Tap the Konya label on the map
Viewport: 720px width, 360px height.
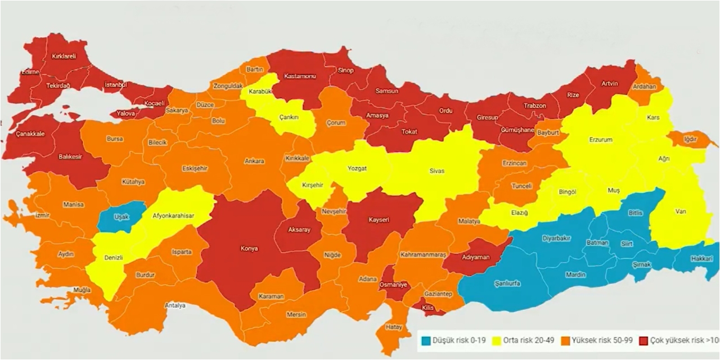click(249, 247)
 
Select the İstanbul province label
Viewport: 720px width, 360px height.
click(117, 85)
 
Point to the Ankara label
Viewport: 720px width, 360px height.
click(254, 161)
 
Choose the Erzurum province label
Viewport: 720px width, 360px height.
click(600, 139)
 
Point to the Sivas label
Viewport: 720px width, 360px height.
click(436, 170)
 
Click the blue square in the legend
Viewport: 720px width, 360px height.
click(426, 340)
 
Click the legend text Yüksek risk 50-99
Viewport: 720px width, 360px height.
click(601, 340)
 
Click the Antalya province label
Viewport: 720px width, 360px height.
click(175, 305)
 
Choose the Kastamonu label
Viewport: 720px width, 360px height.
click(300, 76)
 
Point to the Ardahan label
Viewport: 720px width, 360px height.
click(645, 87)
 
